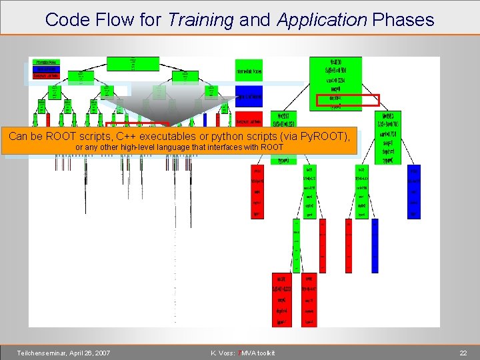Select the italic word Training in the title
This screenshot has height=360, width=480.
pos(201,19)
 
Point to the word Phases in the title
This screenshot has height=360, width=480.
pos(403,19)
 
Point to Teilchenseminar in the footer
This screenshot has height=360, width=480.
pos(43,353)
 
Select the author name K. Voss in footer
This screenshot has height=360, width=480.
pos(222,353)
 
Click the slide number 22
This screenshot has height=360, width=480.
pos(463,353)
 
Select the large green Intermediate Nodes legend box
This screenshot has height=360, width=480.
pos(249,70)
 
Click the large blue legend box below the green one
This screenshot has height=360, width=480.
pos(249,96)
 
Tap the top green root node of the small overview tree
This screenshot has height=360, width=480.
pos(133,63)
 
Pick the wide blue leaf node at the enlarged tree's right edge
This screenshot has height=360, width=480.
pos(413,191)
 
